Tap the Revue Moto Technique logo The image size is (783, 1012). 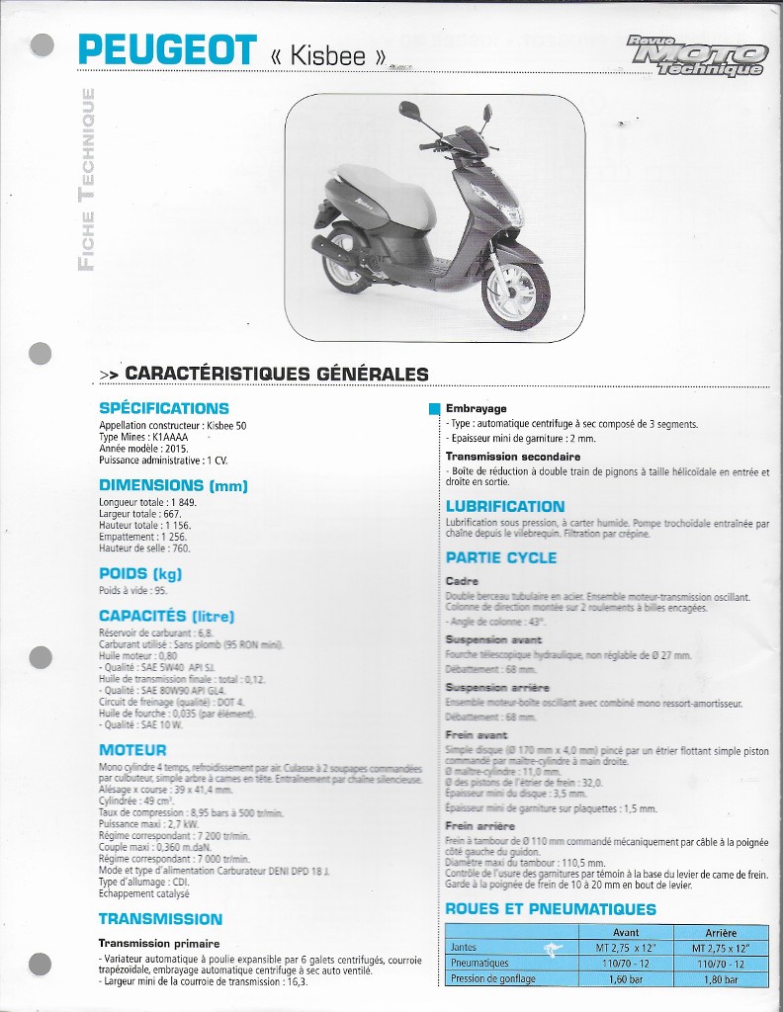698,56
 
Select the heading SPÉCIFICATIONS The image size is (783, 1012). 163,408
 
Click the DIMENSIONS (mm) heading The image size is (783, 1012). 173,485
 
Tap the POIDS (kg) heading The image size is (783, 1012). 140,573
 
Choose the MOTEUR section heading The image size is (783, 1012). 132,750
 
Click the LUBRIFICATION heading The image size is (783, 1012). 505,506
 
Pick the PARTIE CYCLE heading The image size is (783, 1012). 501,557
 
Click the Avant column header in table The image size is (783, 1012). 626,932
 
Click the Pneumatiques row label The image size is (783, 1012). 479,964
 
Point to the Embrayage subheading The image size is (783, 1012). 476,408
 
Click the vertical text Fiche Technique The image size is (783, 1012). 87,178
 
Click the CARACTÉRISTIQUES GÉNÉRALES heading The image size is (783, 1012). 277,374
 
